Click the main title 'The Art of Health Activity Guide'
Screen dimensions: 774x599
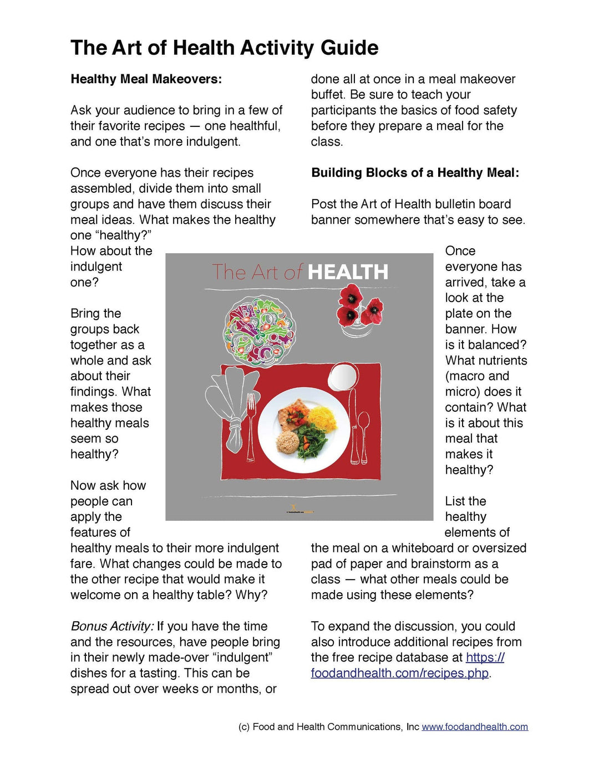pos(224,48)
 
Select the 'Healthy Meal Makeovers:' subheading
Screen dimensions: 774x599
pos(146,79)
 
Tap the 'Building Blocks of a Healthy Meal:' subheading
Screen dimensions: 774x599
pos(415,173)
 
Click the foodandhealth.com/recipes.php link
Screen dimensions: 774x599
pos(400,673)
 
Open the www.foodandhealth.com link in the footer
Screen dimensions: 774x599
pos(475,727)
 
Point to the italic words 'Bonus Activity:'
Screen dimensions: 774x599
pos(112,627)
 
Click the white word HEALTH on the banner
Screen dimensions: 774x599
pos(348,273)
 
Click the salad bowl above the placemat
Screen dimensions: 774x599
pos(259,331)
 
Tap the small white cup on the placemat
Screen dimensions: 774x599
pos(342,377)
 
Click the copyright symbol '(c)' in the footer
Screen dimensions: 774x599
pos(244,727)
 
